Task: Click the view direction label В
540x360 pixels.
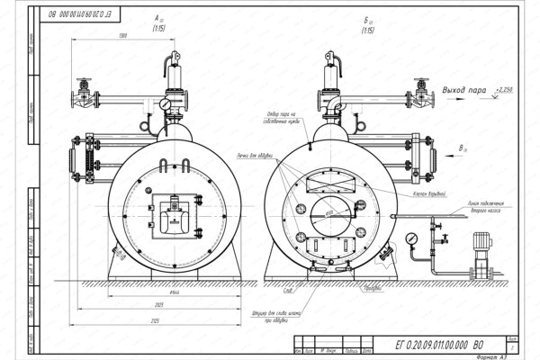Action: (x=462, y=146)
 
